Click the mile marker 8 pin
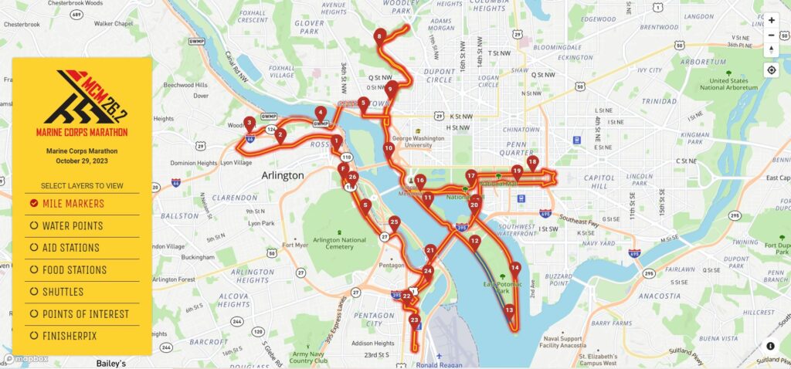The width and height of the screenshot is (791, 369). click(x=379, y=36)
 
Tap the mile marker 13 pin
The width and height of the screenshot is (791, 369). click(x=509, y=311)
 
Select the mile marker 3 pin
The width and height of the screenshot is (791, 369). click(x=250, y=123)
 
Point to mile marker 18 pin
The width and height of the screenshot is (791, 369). click(x=532, y=163)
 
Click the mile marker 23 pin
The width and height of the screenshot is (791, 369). click(x=415, y=320)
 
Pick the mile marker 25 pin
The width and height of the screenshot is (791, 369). click(x=394, y=223)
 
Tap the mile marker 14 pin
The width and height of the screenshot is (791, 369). click(x=515, y=269)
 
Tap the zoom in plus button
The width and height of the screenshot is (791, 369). click(x=771, y=20)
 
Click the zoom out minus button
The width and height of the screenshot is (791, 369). click(x=771, y=36)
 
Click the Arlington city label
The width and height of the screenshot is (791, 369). click(x=283, y=176)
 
